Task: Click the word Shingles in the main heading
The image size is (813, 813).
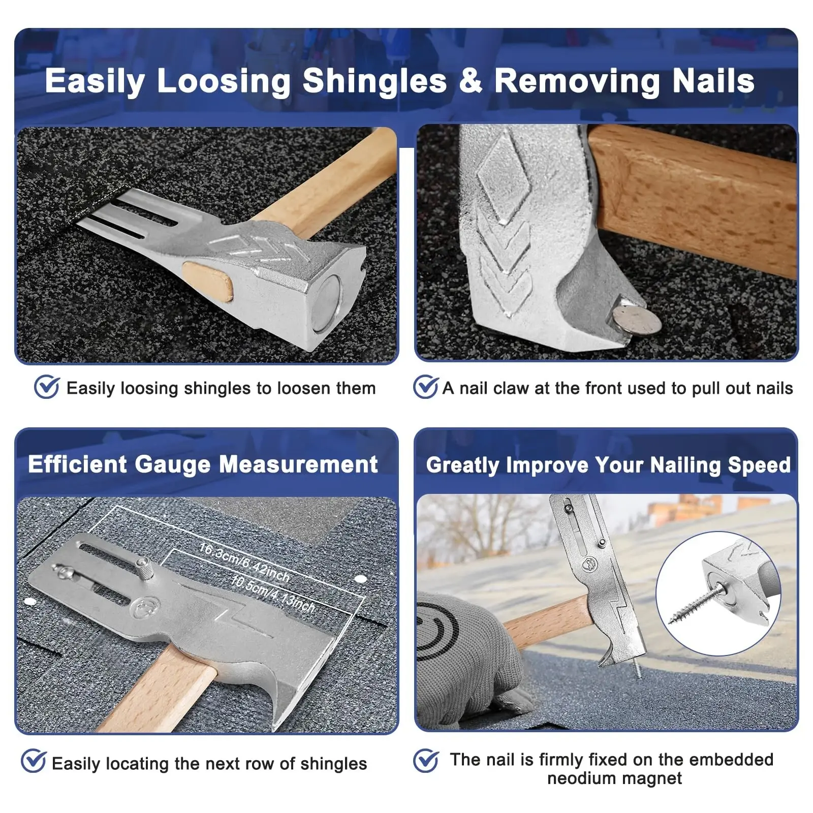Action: pos(374,82)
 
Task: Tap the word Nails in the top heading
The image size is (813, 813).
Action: pos(713,81)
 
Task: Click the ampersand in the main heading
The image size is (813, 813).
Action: pos(471,81)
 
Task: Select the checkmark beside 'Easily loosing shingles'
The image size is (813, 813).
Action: pos(47,387)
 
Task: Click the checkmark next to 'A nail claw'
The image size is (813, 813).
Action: pos(425,387)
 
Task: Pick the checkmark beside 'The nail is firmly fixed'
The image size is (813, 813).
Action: pos(426,761)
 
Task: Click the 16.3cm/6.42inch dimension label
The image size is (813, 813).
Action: pos(244,563)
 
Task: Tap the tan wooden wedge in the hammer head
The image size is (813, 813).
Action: pos(208,280)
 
